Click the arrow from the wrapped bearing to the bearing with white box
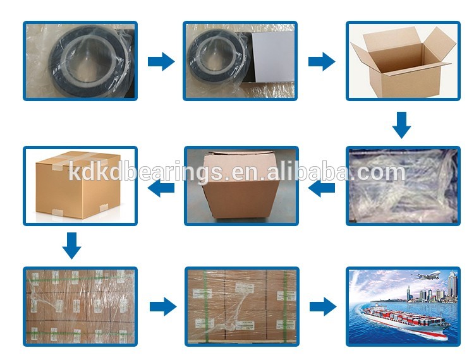click(x=161, y=61)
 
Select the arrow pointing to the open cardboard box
click(x=321, y=61)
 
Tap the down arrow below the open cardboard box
click(x=401, y=124)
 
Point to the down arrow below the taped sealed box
click(x=72, y=245)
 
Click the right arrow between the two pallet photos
click(x=162, y=307)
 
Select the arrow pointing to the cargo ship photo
click(x=322, y=307)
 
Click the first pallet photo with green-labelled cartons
click(x=80, y=307)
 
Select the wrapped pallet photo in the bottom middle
click(x=241, y=307)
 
